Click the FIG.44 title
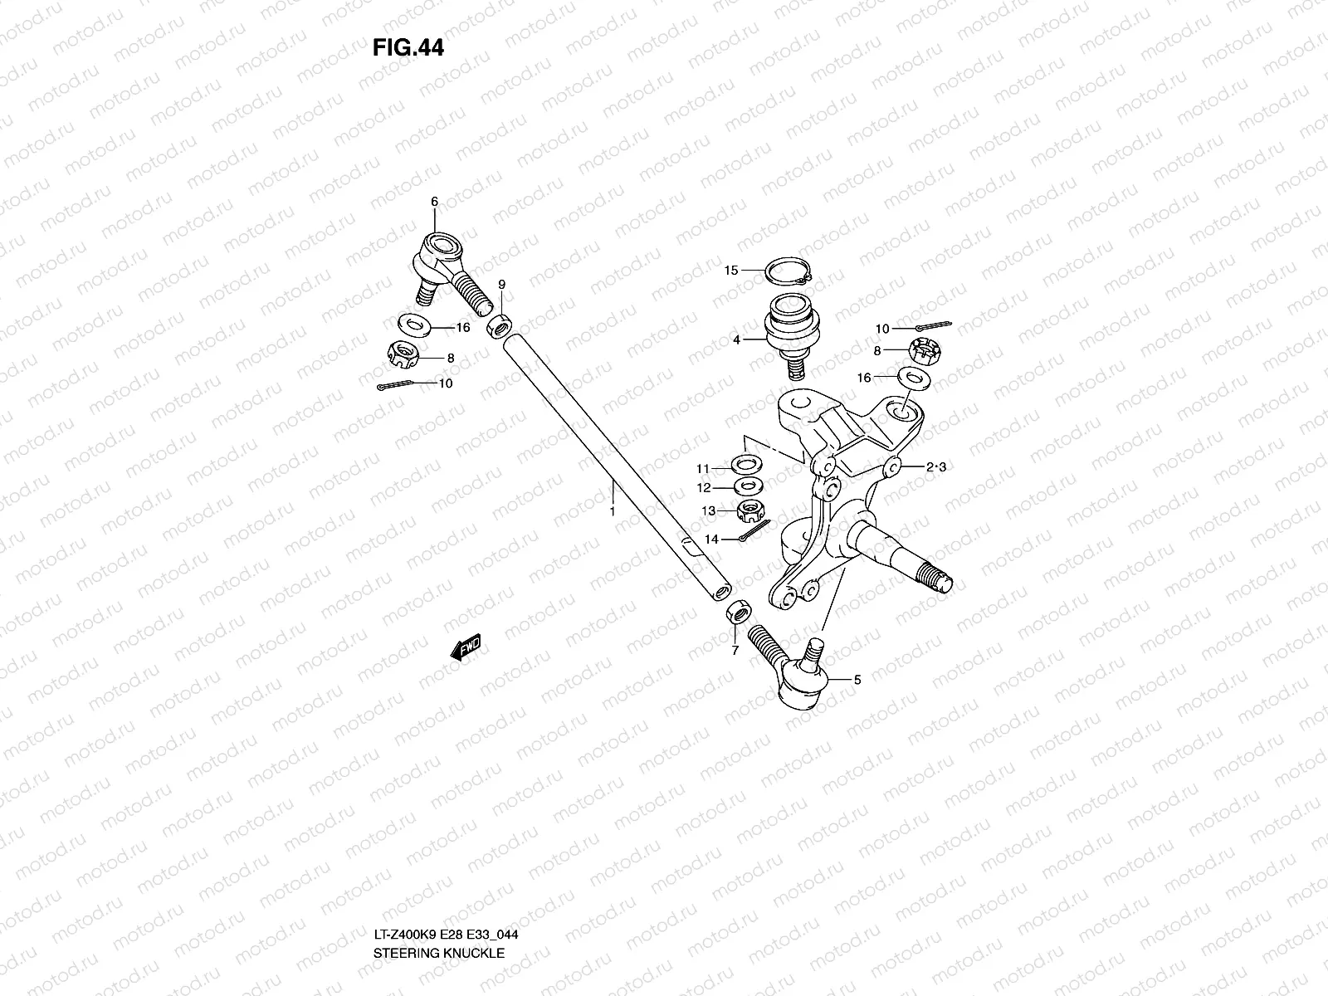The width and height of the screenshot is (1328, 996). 408,48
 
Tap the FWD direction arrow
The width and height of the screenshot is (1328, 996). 466,647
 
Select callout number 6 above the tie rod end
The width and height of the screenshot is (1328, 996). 433,202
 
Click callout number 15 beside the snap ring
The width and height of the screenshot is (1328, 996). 730,271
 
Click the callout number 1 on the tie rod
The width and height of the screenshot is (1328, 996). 612,512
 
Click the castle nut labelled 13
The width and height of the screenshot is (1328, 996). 751,507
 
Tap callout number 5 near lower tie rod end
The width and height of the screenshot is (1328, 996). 857,680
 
